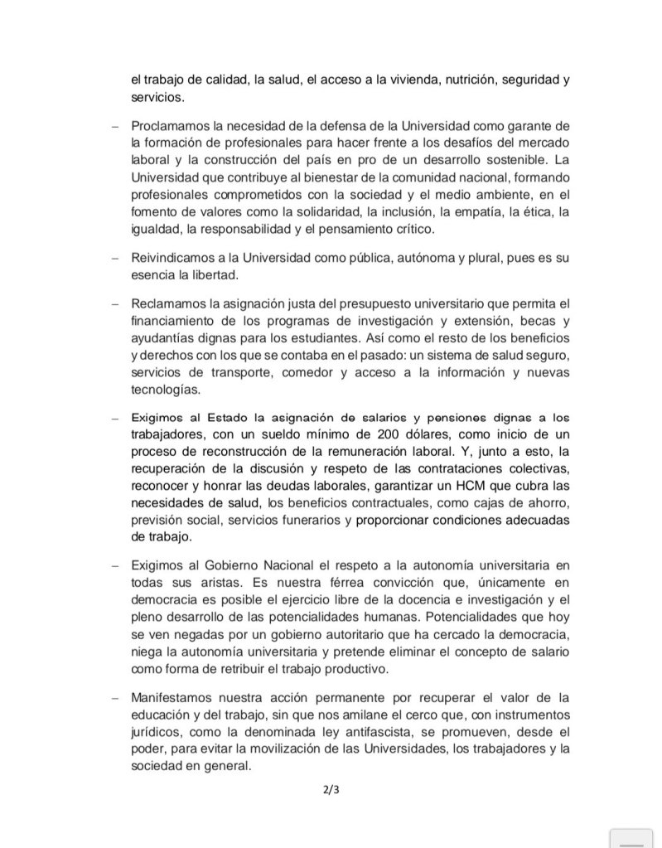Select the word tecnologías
tap(165, 390)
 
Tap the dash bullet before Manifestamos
tap(114, 695)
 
